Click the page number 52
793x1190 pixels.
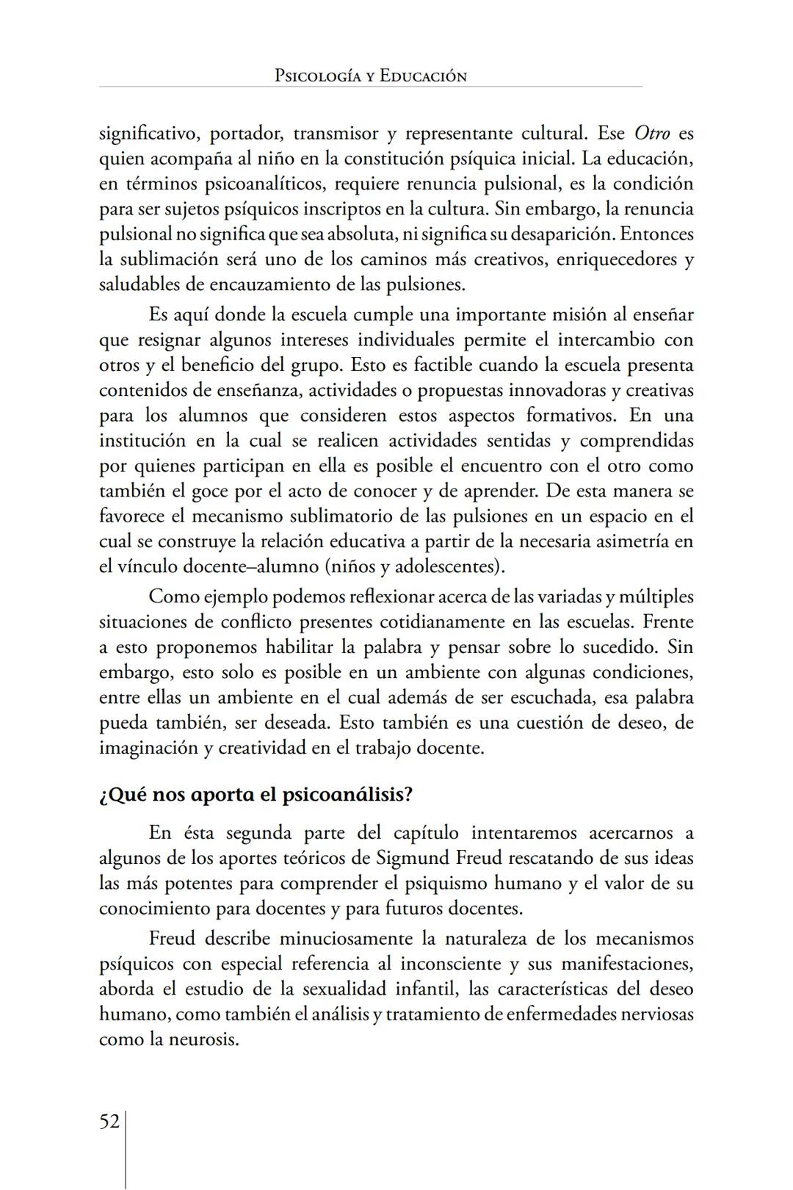tap(109, 1122)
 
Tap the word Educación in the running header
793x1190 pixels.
tap(423, 76)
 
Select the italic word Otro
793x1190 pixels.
tap(651, 134)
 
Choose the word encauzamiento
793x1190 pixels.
tap(269, 284)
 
